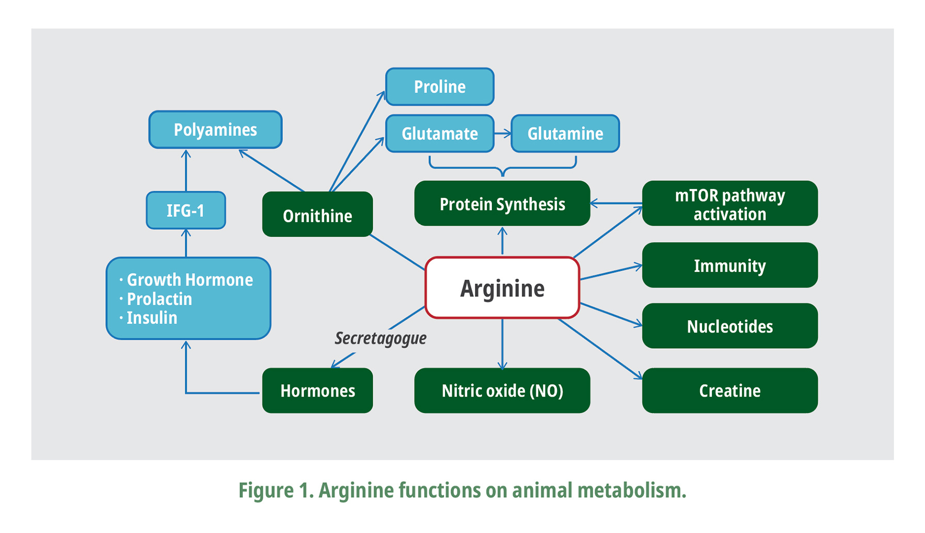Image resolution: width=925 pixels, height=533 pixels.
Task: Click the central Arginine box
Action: coord(502,288)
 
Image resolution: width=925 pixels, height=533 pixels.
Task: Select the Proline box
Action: coord(440,87)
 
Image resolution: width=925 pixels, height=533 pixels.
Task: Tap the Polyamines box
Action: coord(215,130)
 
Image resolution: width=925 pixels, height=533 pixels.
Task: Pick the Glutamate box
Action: coord(440,134)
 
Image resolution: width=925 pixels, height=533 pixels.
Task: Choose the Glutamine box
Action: coord(565,134)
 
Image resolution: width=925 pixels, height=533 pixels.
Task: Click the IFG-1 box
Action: coord(186,210)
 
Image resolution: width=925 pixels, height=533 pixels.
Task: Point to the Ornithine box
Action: coord(317,215)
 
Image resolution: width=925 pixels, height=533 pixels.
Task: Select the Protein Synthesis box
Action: coord(502,203)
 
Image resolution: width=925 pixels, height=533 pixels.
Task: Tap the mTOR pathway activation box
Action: coord(729,203)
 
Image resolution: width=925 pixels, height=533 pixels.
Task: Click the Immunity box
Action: coord(729,265)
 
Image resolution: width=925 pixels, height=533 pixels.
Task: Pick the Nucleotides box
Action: coord(729,326)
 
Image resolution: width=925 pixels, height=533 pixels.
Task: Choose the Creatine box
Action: coord(729,390)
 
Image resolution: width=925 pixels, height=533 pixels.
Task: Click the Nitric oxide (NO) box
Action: coord(502,390)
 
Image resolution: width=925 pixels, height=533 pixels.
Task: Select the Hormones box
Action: coord(317,390)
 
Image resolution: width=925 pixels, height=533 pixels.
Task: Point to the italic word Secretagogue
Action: coord(380,338)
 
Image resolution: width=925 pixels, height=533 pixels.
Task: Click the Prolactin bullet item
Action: coord(159,299)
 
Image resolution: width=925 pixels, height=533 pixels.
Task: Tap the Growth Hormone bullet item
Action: coord(189,280)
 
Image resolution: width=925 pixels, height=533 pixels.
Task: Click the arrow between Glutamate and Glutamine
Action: coord(502,134)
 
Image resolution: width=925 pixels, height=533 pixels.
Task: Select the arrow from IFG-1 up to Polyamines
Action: coord(186,170)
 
